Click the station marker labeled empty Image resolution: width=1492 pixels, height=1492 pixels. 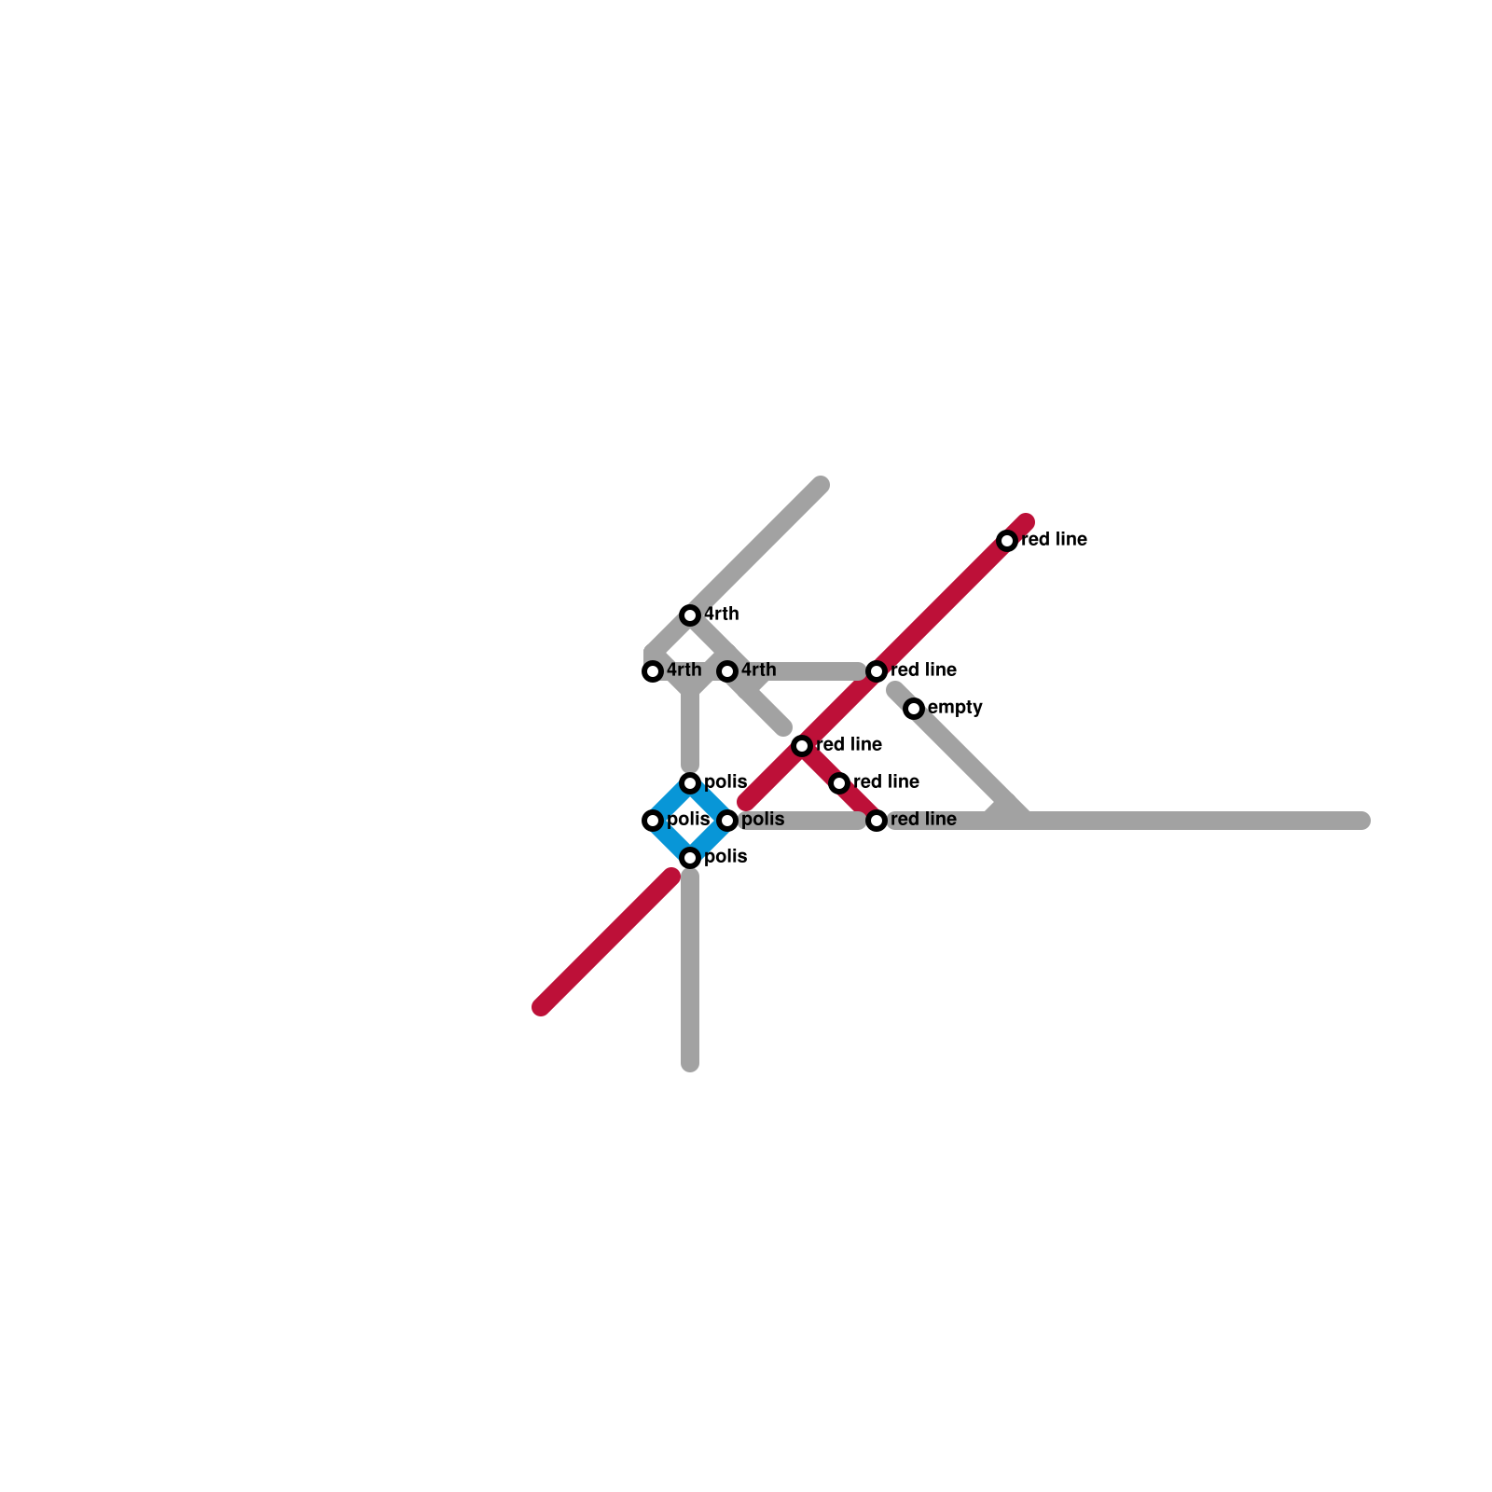click(914, 709)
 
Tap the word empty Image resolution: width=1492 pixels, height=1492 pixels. click(955, 708)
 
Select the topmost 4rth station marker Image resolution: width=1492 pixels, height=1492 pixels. click(690, 615)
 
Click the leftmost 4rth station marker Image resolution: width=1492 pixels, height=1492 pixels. click(653, 671)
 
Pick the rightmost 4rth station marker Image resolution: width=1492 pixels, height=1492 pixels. click(727, 671)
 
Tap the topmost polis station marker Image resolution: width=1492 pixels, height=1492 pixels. click(690, 783)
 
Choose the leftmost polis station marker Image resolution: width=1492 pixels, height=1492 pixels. click(653, 821)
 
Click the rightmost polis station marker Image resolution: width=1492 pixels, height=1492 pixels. click(727, 821)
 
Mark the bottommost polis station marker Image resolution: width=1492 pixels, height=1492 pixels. click(690, 858)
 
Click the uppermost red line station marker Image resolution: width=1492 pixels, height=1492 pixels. click(1007, 541)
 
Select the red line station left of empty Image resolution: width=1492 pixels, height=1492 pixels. click(877, 671)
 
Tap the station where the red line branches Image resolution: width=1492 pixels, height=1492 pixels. click(802, 746)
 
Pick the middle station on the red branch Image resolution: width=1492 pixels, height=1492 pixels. click(839, 783)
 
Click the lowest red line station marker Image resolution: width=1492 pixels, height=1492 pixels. click(877, 821)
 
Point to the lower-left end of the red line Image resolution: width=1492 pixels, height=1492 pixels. click(541, 1007)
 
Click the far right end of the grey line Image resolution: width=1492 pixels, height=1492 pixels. click(1362, 821)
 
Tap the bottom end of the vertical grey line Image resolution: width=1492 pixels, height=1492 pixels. click(690, 1064)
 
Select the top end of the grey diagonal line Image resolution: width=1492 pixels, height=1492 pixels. click(821, 485)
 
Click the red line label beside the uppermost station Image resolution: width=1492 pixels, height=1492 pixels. click(1054, 540)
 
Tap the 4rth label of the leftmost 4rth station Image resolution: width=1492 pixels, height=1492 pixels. click(684, 670)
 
